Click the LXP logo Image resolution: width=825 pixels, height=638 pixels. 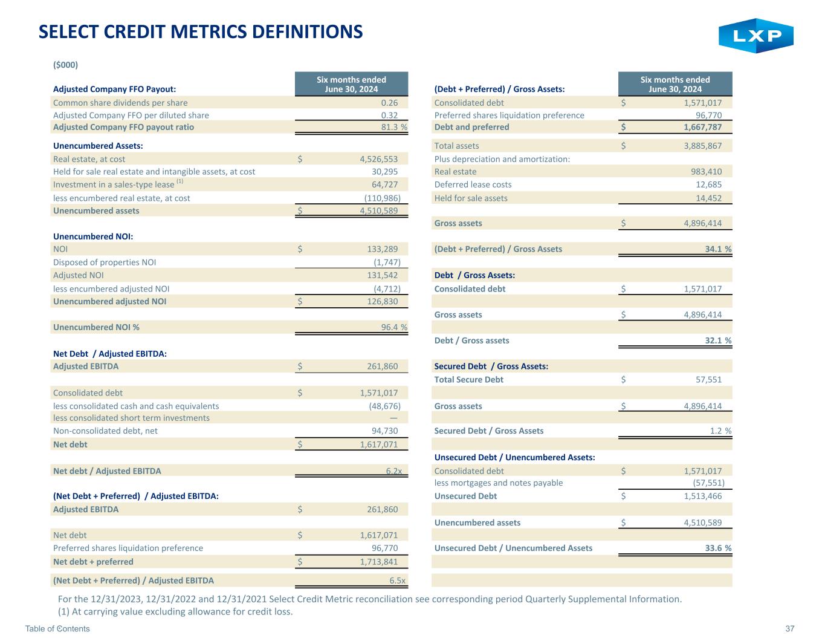coord(755,36)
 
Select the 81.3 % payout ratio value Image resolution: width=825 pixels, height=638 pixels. coord(390,127)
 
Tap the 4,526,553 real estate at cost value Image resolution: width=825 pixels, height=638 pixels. coord(375,159)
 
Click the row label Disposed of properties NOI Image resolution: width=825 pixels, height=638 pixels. coord(105,262)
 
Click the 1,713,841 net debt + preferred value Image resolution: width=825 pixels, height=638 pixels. coord(375,562)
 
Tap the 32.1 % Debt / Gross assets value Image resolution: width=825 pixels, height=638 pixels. coord(717,340)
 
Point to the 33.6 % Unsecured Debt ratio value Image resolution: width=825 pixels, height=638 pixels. coord(717,548)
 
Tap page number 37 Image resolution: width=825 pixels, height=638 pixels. coord(789,629)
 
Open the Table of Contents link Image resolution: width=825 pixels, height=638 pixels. coord(57,629)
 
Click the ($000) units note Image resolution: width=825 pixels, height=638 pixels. coord(66,65)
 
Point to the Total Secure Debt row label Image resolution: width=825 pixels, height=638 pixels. coord(468,380)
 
